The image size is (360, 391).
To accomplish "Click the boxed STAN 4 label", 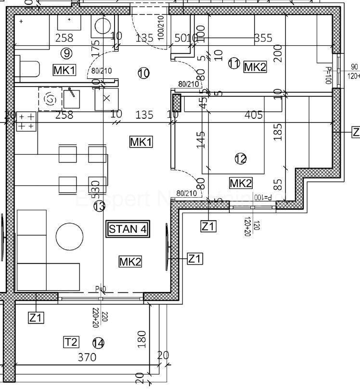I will tap(128, 229).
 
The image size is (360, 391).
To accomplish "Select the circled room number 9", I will tap(66, 53).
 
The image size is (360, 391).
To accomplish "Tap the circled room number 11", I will tap(234, 63).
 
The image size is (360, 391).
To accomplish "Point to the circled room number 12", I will tap(240, 158).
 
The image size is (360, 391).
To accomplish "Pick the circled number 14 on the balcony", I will tap(98, 343).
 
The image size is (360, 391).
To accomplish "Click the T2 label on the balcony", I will tap(71, 342).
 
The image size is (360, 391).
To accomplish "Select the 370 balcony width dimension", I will tap(87, 357).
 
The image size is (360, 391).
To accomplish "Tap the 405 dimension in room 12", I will tap(254, 114).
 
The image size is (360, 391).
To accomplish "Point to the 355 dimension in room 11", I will tap(263, 38).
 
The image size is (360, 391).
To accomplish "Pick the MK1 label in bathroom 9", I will tap(64, 70).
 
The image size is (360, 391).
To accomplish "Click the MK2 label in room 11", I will tap(255, 67).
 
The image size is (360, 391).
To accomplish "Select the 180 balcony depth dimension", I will tap(141, 339).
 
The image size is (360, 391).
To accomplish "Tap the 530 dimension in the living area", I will tap(95, 188).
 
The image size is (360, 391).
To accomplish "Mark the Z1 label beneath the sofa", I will tap(37, 317).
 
